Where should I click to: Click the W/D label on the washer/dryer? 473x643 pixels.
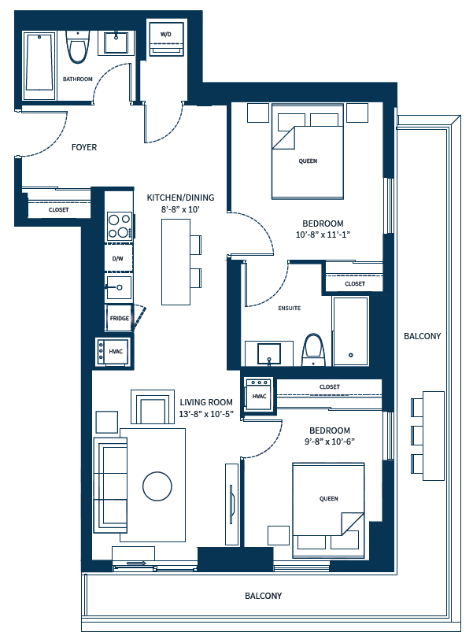tap(166, 35)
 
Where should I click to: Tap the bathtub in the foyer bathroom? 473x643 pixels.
tap(39, 65)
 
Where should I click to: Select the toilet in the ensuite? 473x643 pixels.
tap(313, 349)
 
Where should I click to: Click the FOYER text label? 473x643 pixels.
tap(84, 147)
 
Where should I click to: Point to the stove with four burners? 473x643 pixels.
tap(119, 227)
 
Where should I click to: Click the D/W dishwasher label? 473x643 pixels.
tap(118, 258)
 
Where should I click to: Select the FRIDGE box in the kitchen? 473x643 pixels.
tap(119, 318)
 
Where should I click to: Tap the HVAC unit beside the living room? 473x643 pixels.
tap(111, 351)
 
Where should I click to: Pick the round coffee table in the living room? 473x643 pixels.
tap(157, 485)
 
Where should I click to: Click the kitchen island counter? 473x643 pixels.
tap(176, 262)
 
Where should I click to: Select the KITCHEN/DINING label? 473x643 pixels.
tap(180, 198)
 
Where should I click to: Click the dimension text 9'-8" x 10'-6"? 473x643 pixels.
tap(329, 442)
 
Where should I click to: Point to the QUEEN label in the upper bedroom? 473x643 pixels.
tap(308, 161)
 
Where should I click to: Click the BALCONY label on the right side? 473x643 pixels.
tap(422, 336)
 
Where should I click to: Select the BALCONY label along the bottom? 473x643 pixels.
tap(263, 596)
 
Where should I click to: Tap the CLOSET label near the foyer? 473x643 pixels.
tap(58, 210)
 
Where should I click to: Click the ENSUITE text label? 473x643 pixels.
tap(289, 308)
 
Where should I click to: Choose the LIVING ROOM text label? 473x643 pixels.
tap(205, 401)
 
